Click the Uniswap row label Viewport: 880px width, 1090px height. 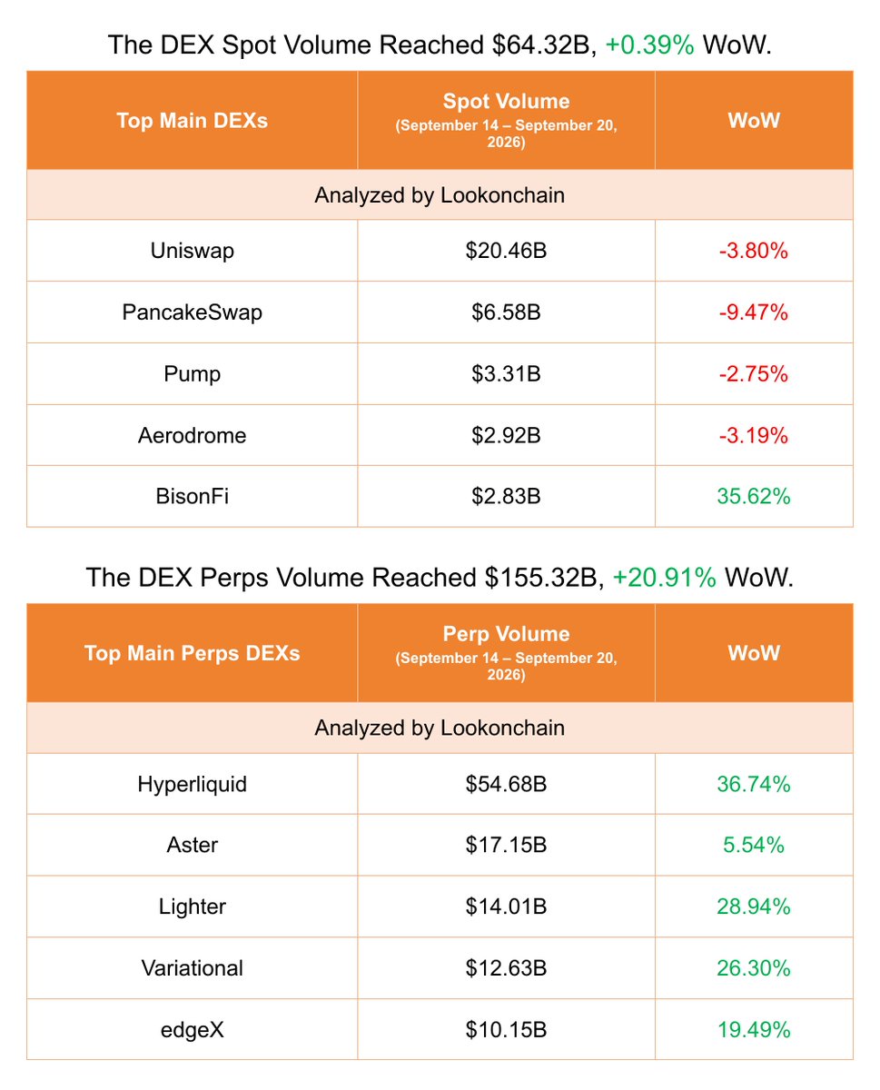192,251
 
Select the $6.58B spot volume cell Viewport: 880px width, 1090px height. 506,312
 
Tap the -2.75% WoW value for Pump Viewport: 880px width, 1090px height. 753,373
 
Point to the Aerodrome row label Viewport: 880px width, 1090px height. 192,435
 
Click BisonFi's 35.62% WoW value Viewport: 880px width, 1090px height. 753,496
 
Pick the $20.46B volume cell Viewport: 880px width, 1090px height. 506,251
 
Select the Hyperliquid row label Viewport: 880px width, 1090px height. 192,784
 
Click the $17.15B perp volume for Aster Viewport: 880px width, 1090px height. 506,845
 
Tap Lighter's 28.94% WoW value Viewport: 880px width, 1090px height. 753,907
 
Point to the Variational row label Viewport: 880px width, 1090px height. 192,967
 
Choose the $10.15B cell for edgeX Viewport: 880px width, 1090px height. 506,1029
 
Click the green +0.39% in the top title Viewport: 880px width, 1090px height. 649,45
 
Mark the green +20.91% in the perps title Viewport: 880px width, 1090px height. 665,577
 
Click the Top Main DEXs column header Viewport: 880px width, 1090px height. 192,121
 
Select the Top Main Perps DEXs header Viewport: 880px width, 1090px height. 192,653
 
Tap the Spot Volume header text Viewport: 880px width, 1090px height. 506,102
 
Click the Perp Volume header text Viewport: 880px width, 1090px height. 506,634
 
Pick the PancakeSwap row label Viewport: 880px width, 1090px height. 192,312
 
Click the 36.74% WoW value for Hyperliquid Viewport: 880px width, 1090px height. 753,784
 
